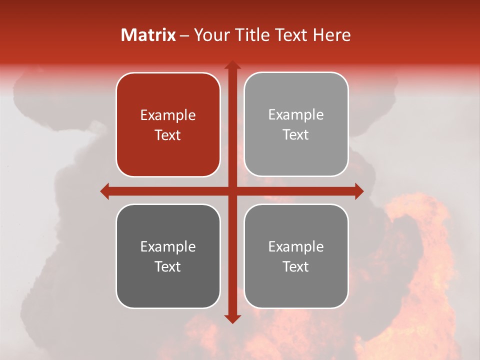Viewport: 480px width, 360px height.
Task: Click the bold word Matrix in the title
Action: point(148,35)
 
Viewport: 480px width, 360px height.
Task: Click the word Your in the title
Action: point(210,35)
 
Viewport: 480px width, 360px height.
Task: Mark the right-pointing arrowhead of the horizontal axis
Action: point(359,191)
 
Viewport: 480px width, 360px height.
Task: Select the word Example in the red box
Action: point(168,115)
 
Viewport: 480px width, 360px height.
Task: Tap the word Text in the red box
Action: point(168,135)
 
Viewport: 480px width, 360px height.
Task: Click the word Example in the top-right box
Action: point(296,115)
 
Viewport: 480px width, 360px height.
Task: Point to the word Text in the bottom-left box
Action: point(168,266)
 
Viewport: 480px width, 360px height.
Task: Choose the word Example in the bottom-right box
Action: point(296,246)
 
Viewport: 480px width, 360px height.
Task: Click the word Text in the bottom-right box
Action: point(296,266)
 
